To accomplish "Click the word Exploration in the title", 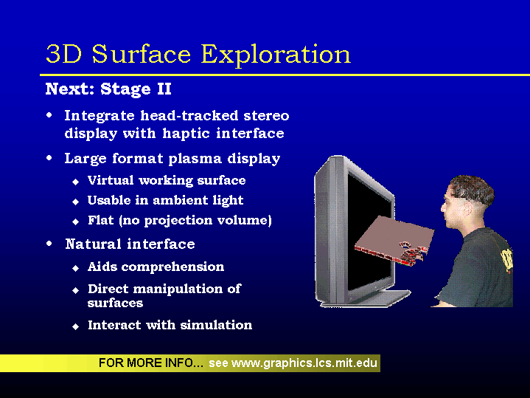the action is pyautogui.click(x=276, y=54).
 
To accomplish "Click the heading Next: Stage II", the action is pyautogui.click(x=108, y=89).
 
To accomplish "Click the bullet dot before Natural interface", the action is pyautogui.click(x=49, y=243).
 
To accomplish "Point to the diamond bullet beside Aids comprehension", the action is pyautogui.click(x=75, y=269).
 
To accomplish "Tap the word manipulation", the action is pyautogui.click(x=178, y=289).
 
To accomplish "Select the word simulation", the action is pyautogui.click(x=216, y=325).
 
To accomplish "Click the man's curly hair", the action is pyautogui.click(x=473, y=190).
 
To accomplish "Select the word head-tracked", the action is pyautogui.click(x=189, y=115).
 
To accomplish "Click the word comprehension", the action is pyautogui.click(x=172, y=267).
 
